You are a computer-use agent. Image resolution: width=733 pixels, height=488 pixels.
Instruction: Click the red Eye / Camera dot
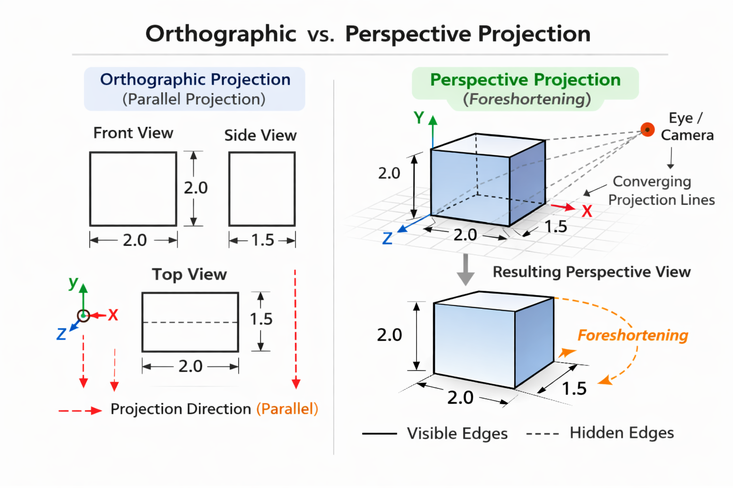click(x=648, y=129)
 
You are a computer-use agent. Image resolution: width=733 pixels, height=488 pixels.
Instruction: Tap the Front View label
click(x=133, y=133)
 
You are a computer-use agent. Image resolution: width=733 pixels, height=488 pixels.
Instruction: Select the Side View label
click(x=260, y=135)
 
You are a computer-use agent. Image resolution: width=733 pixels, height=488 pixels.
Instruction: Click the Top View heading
click(x=189, y=274)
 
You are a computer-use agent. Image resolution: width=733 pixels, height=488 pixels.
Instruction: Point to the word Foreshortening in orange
click(x=633, y=335)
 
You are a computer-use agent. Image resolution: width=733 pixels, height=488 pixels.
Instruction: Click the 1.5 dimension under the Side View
click(x=262, y=240)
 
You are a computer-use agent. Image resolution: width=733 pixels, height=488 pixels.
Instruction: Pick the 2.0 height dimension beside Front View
click(x=196, y=188)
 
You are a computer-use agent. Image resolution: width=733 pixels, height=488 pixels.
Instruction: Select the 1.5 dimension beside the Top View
click(x=261, y=319)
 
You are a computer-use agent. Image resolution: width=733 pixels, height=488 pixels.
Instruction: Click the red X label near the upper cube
click(x=587, y=211)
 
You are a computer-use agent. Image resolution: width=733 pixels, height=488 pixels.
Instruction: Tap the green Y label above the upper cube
click(x=419, y=118)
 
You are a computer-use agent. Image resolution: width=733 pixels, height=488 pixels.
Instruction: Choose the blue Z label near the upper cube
click(x=387, y=238)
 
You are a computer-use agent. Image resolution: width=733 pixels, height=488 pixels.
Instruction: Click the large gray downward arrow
click(x=466, y=270)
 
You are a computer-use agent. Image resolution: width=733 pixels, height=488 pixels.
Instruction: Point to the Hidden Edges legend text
click(x=621, y=433)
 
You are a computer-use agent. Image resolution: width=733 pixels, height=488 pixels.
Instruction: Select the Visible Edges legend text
click(x=457, y=433)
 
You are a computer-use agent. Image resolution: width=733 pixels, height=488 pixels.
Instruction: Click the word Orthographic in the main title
click(x=221, y=34)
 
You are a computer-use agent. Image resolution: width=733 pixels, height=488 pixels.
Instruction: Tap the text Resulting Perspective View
click(x=592, y=272)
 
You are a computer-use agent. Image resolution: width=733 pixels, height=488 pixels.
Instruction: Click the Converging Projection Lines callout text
click(x=661, y=190)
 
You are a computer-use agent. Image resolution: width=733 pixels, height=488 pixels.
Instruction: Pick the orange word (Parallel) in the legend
click(x=287, y=409)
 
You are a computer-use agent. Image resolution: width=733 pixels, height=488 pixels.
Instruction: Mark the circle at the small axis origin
click(x=84, y=315)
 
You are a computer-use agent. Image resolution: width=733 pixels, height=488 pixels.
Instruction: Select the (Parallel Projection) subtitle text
click(x=194, y=99)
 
